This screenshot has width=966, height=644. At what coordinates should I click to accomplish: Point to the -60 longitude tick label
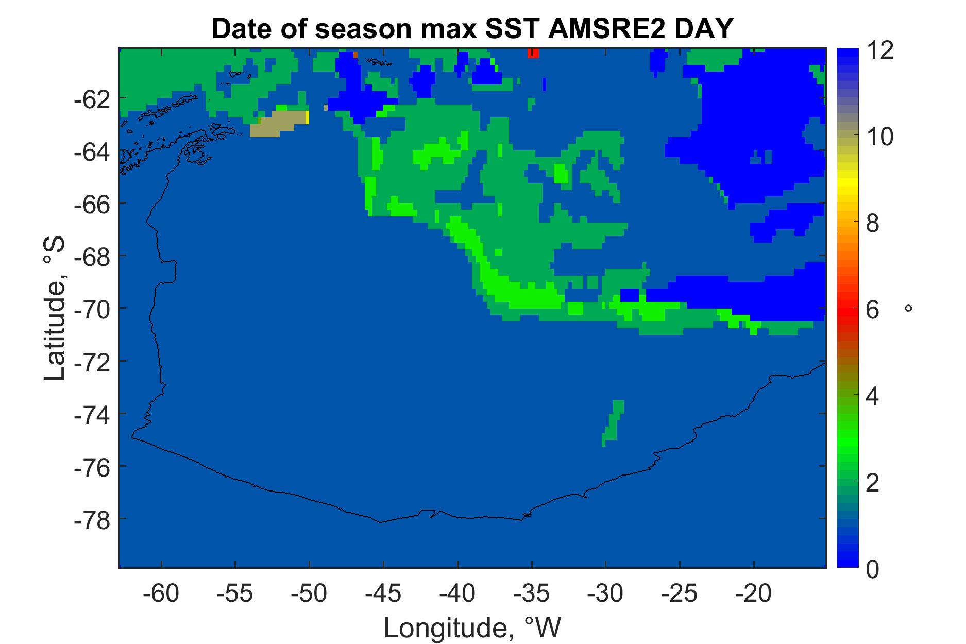click(x=162, y=594)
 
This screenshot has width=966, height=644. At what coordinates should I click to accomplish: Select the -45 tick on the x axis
click(x=383, y=594)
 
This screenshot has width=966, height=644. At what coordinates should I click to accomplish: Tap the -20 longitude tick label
click(x=753, y=594)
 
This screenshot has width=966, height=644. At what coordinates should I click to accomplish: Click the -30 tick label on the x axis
click(x=605, y=594)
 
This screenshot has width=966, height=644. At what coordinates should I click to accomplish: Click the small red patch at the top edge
click(x=533, y=54)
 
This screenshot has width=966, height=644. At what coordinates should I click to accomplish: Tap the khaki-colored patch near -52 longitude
click(x=278, y=124)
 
